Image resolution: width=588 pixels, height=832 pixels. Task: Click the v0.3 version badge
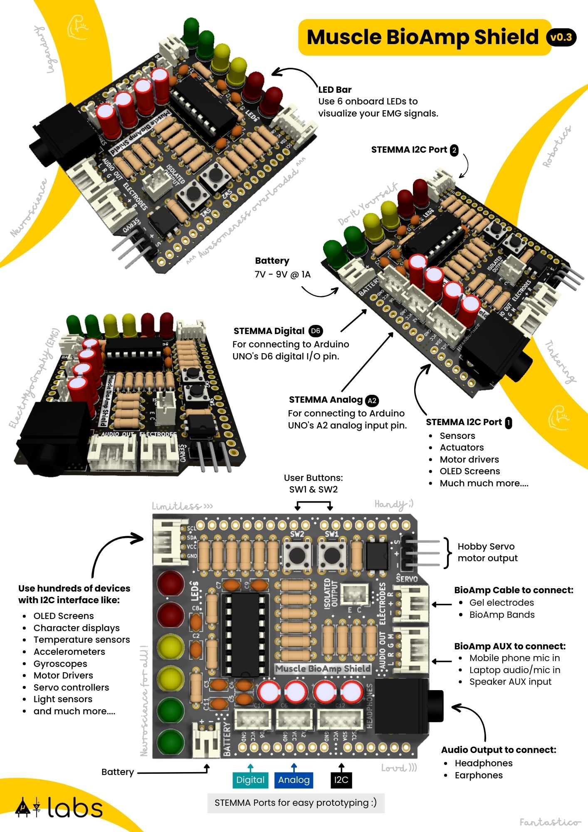point(561,37)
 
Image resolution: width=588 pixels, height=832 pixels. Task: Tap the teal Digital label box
point(250,780)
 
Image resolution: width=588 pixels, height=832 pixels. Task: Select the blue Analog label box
point(294,780)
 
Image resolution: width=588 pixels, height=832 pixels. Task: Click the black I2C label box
point(341,780)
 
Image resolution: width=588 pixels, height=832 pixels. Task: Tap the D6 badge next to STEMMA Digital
point(316,331)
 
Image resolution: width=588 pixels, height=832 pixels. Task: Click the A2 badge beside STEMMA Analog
point(372,401)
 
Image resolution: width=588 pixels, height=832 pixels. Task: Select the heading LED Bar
point(335,89)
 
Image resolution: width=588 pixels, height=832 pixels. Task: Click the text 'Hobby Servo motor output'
point(487,552)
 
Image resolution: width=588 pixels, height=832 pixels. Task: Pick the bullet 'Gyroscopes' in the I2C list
point(60,664)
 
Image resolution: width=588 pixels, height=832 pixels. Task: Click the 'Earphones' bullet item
point(479,775)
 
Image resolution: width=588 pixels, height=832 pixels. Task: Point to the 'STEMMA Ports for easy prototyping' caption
point(296,803)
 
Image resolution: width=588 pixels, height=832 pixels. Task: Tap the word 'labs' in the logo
point(75,808)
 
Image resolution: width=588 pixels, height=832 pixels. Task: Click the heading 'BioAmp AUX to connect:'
point(510,646)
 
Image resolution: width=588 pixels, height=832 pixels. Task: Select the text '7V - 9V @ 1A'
point(282,275)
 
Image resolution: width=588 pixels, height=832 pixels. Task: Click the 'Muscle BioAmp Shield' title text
point(422,37)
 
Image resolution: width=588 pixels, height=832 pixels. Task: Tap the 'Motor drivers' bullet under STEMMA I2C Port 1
point(469,459)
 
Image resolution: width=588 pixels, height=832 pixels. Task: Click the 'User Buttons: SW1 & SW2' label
point(313,483)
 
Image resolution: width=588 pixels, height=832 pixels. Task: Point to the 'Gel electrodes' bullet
point(502,602)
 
